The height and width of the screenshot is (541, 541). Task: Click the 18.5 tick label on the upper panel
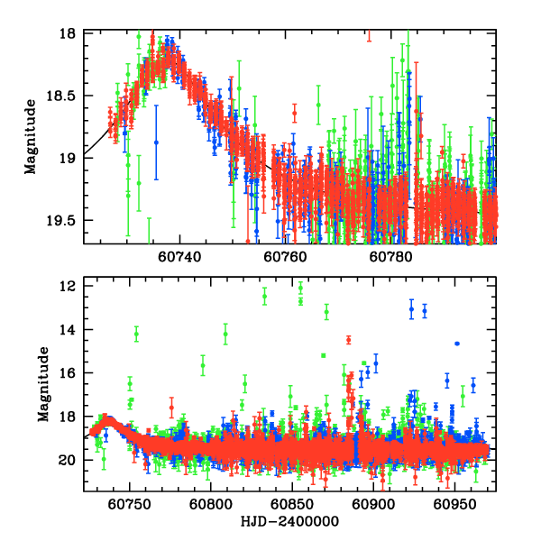[68, 96]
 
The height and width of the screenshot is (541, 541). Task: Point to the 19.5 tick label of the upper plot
[68, 220]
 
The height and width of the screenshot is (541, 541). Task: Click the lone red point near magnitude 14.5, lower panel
[348, 340]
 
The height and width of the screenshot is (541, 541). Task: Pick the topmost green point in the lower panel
[300, 287]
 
